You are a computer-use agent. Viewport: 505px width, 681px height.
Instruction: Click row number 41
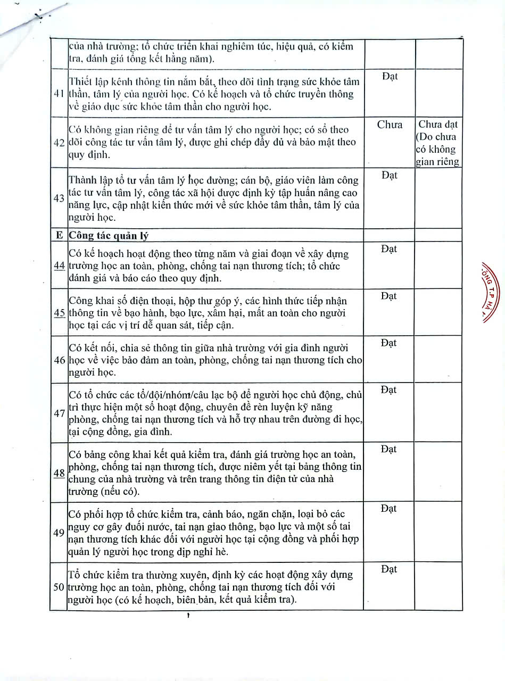(x=59, y=94)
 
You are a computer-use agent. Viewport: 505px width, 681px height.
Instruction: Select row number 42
(x=59, y=143)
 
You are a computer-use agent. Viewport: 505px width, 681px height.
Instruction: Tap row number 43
(x=59, y=198)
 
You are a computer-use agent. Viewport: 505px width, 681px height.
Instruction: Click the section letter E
(x=59, y=236)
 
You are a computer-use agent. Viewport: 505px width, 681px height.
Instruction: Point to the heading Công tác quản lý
(x=109, y=236)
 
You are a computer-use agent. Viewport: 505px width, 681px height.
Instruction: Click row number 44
(x=59, y=266)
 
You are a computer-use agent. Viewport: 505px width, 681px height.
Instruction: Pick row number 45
(x=59, y=313)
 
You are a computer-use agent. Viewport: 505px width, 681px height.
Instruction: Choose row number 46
(x=59, y=360)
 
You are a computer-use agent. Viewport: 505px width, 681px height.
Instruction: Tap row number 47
(x=59, y=413)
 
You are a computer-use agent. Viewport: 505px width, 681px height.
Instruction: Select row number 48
(x=59, y=473)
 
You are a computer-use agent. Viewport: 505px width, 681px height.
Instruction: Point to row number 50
(x=59, y=587)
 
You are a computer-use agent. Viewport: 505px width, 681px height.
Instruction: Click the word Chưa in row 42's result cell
(x=390, y=125)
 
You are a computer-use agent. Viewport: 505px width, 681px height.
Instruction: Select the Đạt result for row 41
(x=390, y=77)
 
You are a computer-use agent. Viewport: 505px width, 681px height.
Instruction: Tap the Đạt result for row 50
(x=390, y=569)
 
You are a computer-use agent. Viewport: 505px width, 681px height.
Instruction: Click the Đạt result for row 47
(x=390, y=390)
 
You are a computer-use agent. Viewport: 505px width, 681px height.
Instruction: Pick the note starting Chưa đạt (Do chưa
(x=438, y=143)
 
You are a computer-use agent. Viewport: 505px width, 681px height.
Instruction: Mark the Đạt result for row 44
(x=390, y=249)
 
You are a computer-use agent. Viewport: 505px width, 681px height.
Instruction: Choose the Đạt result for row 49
(x=390, y=509)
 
